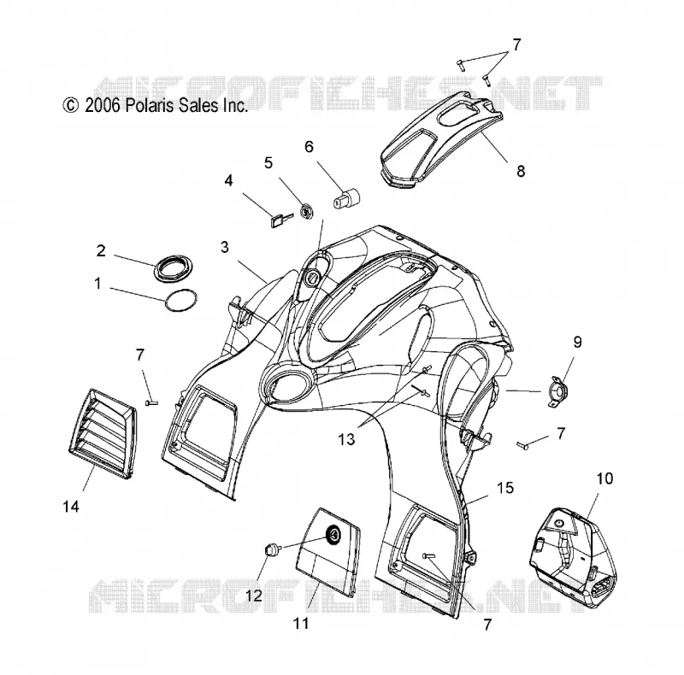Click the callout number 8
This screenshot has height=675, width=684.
tap(521, 172)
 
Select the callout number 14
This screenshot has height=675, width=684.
tap(71, 506)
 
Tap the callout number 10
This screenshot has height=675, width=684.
tap(604, 478)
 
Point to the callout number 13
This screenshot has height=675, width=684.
tap(346, 439)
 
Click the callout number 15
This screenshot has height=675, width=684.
tap(505, 488)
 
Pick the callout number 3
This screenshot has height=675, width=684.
tap(225, 247)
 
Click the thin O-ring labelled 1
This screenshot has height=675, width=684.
tap(181, 301)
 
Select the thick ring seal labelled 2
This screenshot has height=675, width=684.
tap(174, 270)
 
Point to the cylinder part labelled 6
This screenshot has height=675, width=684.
tap(347, 199)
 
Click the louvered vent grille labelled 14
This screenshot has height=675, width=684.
tap(103, 435)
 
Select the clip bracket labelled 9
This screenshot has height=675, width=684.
tap(557, 390)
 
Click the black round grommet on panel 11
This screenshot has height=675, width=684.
tap(334, 534)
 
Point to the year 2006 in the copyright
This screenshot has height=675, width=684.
tap(103, 106)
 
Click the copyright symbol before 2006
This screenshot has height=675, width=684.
tap(71, 106)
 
